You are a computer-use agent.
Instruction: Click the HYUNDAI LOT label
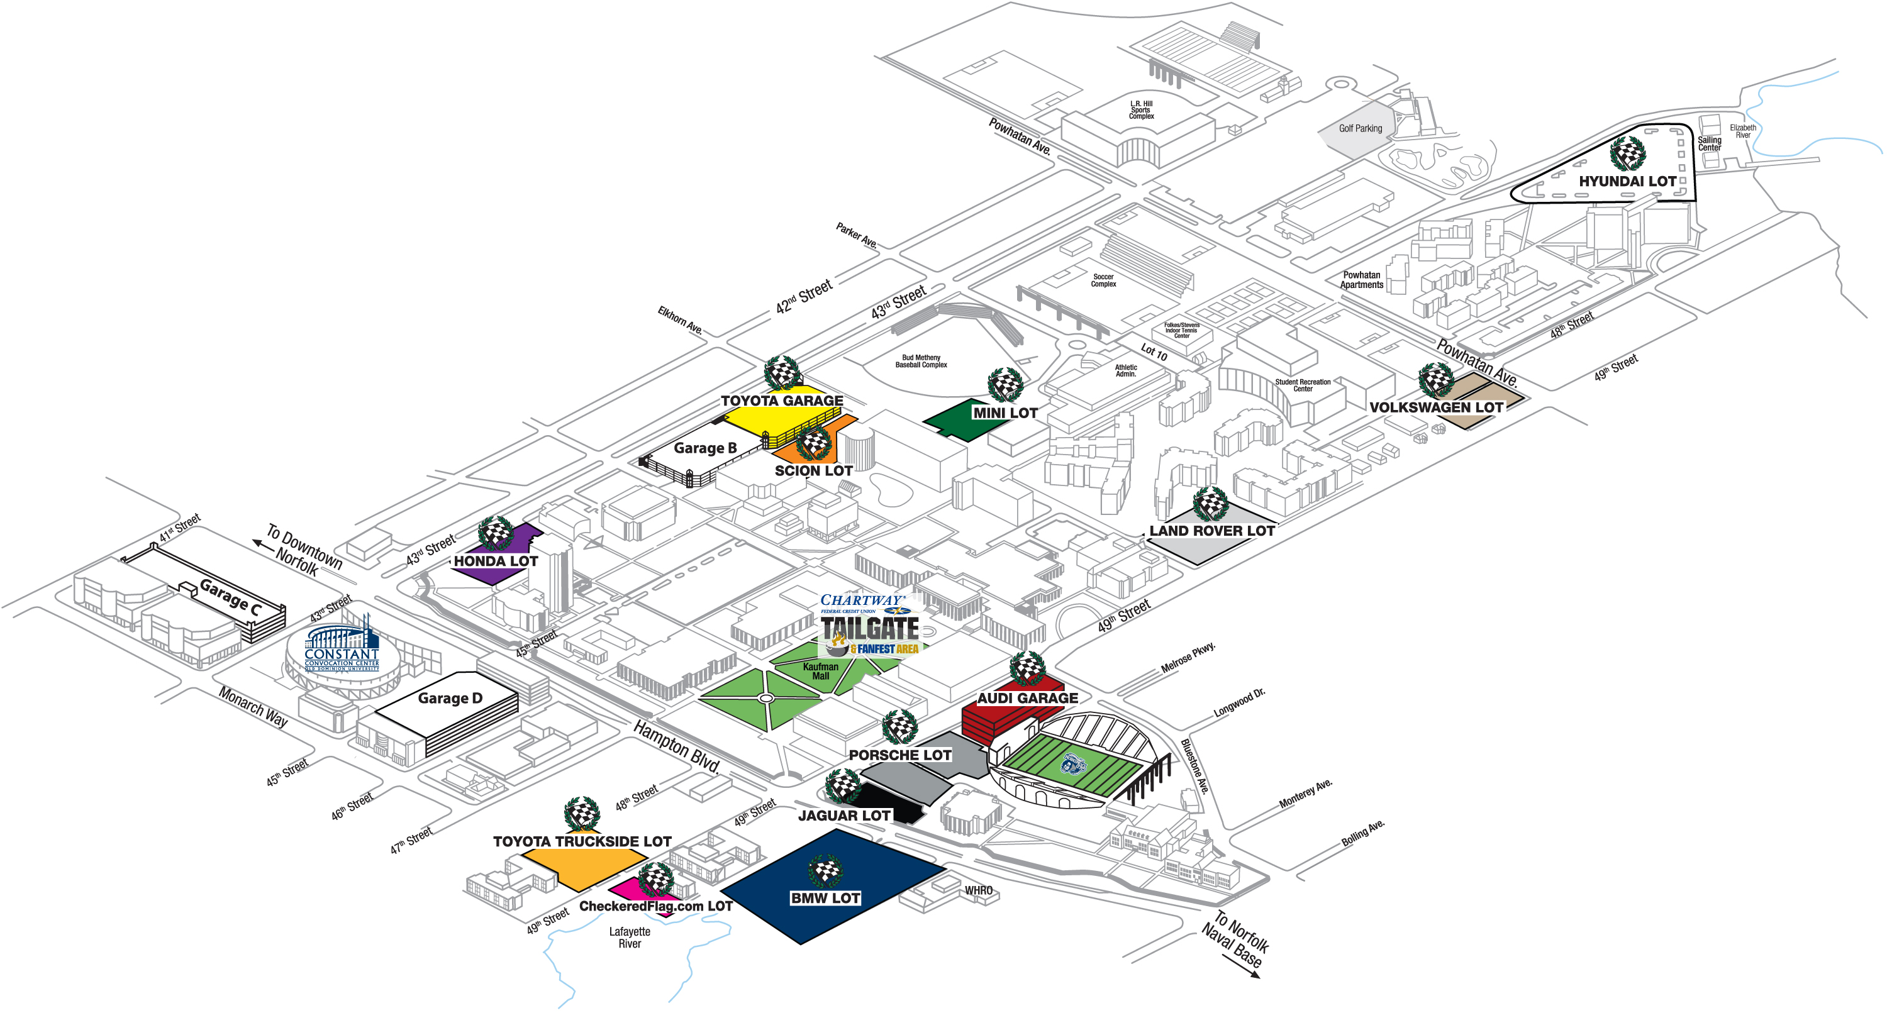point(1627,181)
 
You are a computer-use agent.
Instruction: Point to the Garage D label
point(450,698)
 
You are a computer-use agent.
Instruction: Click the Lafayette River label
point(629,938)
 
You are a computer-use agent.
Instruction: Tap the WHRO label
point(979,890)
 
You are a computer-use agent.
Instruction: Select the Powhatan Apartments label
point(1362,280)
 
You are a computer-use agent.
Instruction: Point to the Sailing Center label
point(1709,143)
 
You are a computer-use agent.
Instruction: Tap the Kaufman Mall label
point(820,671)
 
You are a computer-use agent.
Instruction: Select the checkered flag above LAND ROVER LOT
point(1210,504)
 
